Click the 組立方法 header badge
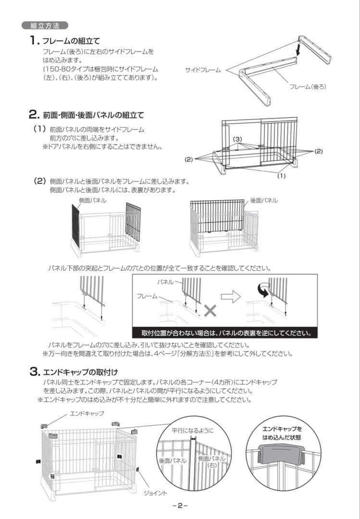[45, 25]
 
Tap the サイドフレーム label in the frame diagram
[203, 70]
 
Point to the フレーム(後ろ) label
[308, 86]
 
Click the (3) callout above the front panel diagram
[237, 139]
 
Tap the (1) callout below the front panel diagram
[282, 176]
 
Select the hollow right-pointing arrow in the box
[233, 297]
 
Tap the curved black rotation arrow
[263, 289]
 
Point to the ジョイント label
[155, 494]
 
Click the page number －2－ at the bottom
[179, 506]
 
